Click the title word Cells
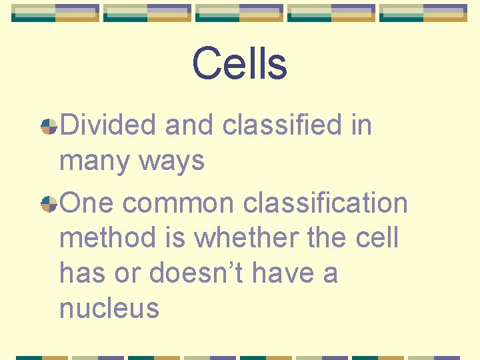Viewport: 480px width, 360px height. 239,64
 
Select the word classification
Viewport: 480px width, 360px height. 325,203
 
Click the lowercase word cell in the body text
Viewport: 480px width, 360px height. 376,237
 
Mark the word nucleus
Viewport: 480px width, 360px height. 109,308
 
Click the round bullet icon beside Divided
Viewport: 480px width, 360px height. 49,126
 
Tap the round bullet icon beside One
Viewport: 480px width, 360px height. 49,204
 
